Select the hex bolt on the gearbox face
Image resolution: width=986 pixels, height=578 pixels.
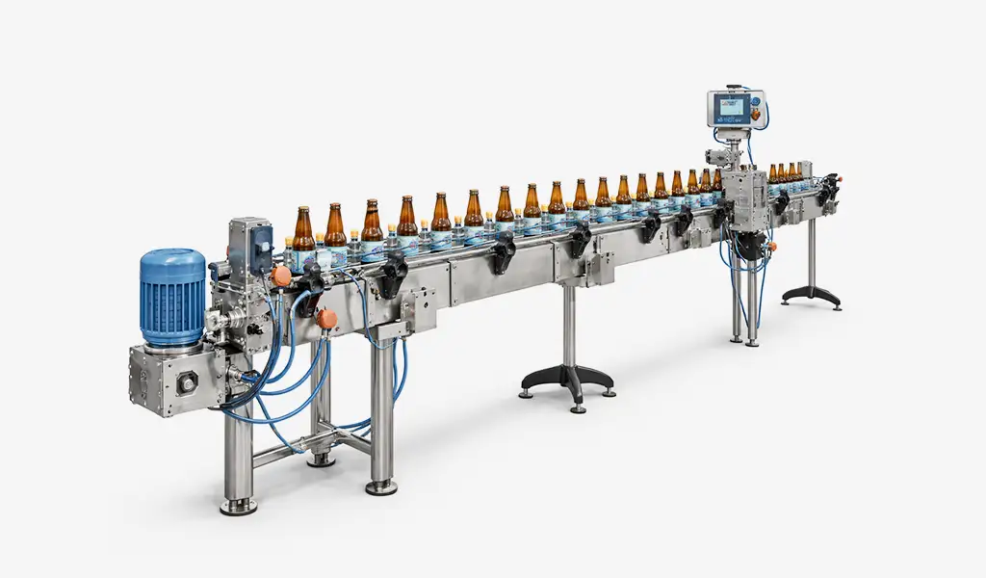187,382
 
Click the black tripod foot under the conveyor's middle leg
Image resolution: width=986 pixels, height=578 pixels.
567,380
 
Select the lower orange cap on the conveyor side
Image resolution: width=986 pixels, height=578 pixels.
327,317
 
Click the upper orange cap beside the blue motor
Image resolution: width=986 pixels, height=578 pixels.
281,276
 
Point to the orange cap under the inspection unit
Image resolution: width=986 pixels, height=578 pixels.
771,247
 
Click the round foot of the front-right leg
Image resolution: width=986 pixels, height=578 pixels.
381,486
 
